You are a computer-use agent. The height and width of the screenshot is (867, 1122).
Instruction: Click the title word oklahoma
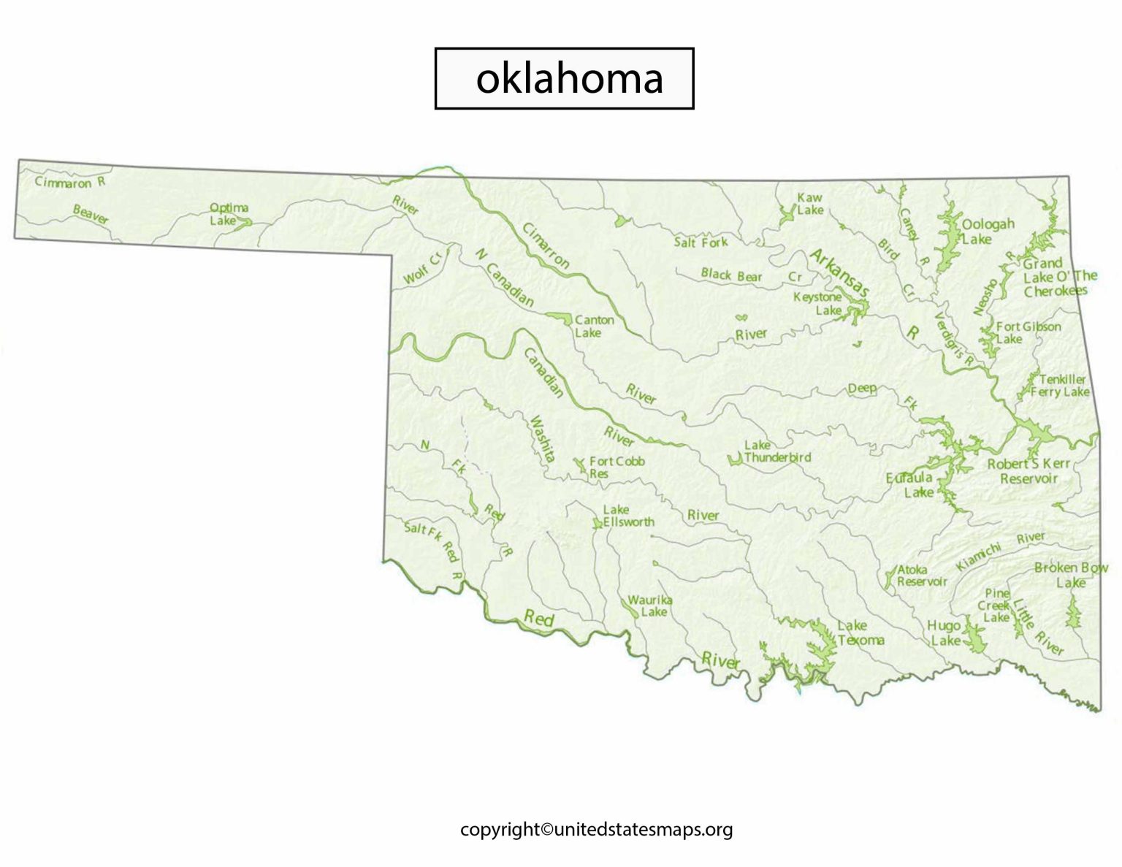569,78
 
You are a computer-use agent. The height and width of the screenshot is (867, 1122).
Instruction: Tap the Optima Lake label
229,214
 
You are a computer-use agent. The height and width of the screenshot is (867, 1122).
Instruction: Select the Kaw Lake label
809,204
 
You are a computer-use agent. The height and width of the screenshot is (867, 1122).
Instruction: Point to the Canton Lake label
593,326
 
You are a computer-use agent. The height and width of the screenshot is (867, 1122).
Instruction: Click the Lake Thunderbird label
776,451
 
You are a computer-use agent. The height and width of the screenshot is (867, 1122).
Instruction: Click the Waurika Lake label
649,606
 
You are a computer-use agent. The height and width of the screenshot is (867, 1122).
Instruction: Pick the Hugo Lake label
944,633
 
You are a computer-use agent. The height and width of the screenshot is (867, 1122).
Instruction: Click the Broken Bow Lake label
1070,575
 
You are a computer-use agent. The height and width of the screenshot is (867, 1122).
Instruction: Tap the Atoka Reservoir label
921,576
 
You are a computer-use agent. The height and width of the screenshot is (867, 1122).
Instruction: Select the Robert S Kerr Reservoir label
1028,471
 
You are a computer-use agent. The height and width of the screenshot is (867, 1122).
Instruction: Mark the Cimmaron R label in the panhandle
70,182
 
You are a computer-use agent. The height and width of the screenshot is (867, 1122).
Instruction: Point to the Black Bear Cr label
751,275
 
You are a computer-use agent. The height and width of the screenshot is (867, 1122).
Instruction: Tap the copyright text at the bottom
596,829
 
